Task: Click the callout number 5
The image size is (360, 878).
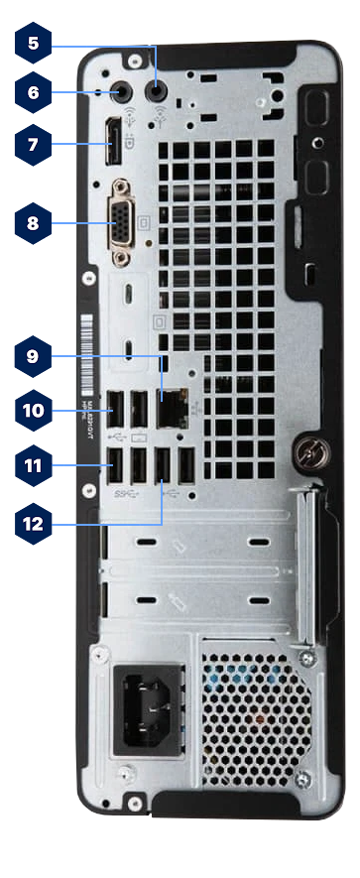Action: pos(34,43)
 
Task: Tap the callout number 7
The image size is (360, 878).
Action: pos(34,145)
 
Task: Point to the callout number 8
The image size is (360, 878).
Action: pos(34,223)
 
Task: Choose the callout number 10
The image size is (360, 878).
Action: pos(34,408)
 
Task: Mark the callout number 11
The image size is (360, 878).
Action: pos(34,463)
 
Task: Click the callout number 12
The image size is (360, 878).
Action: pos(34,523)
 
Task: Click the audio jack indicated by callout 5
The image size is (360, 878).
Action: pos(157,91)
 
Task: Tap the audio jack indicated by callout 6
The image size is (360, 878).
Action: pos(122,91)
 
